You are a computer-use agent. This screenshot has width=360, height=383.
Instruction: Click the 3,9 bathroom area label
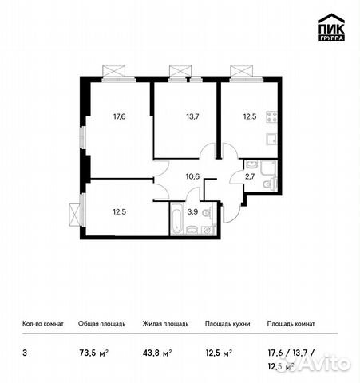tap(192, 211)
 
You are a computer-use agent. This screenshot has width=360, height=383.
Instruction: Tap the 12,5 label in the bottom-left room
tap(119, 211)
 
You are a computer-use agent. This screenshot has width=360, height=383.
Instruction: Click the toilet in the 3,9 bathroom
tap(207, 212)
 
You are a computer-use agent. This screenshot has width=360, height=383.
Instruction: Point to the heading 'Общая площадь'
tap(100, 324)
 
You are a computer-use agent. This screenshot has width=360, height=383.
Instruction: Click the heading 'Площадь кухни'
tap(227, 324)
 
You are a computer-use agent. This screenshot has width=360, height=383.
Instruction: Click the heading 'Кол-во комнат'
tap(42, 324)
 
